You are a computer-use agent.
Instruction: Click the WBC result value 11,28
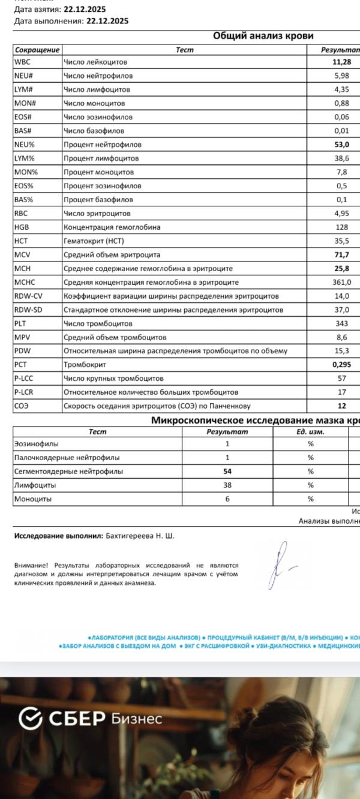(x=341, y=62)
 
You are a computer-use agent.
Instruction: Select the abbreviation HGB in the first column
(x=22, y=227)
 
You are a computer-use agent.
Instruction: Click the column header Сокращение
(x=37, y=50)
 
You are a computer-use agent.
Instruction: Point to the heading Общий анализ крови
(x=263, y=36)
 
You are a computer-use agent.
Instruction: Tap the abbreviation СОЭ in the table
(x=22, y=406)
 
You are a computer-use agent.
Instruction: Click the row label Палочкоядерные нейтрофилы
(x=67, y=458)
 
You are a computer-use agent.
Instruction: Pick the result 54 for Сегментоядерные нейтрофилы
(x=227, y=471)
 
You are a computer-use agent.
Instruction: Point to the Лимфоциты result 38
(x=227, y=485)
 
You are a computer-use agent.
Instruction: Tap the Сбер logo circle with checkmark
(x=31, y=718)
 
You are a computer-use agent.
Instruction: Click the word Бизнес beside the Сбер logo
(x=137, y=719)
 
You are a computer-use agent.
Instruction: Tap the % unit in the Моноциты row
(x=311, y=499)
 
